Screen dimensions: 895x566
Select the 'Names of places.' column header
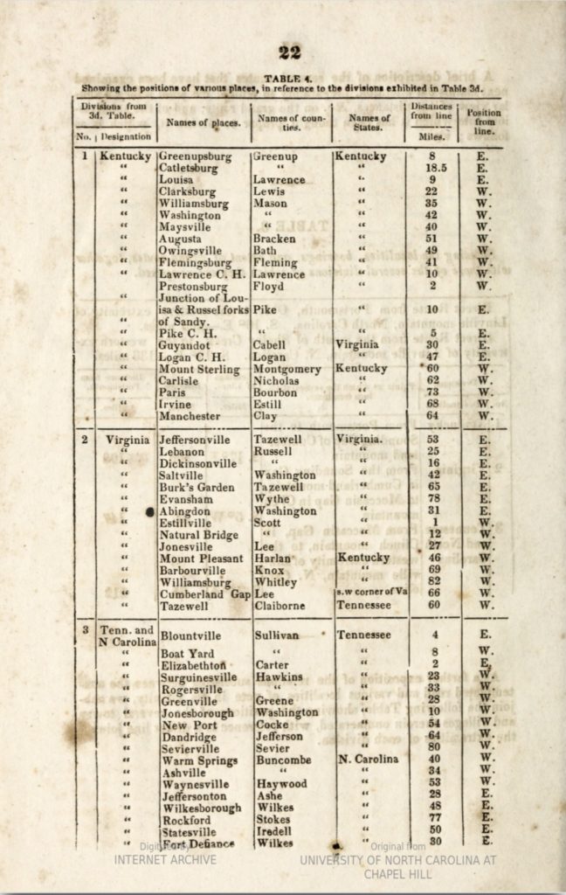(x=204, y=123)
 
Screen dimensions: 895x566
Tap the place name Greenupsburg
(x=195, y=156)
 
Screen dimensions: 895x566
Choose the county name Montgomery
(x=286, y=370)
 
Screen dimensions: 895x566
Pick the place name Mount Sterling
(x=199, y=370)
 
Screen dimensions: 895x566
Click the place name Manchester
(x=190, y=417)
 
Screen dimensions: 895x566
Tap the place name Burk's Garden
(x=197, y=487)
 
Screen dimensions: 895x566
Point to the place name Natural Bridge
(x=199, y=535)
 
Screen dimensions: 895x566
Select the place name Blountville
(x=191, y=636)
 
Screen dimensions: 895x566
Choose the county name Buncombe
(x=282, y=760)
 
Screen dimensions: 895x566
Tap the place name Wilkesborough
(x=202, y=808)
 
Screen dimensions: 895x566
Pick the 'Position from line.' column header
(x=483, y=121)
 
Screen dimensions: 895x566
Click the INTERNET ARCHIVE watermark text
(x=165, y=859)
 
